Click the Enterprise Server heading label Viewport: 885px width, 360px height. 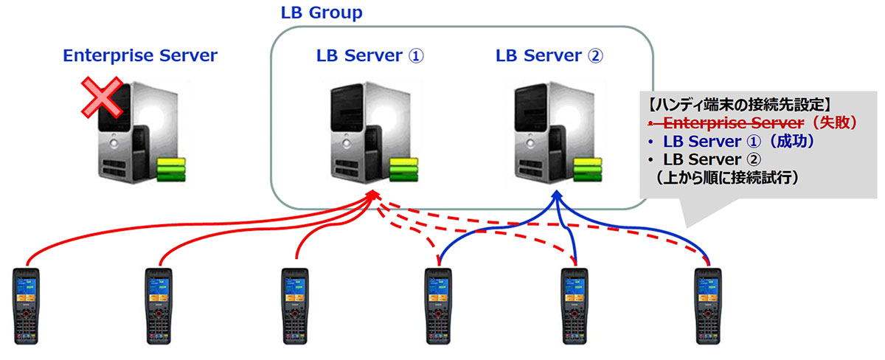pos(140,56)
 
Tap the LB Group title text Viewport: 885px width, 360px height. pos(322,13)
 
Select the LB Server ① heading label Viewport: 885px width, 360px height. pos(370,56)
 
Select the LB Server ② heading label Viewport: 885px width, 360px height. pos(549,56)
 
